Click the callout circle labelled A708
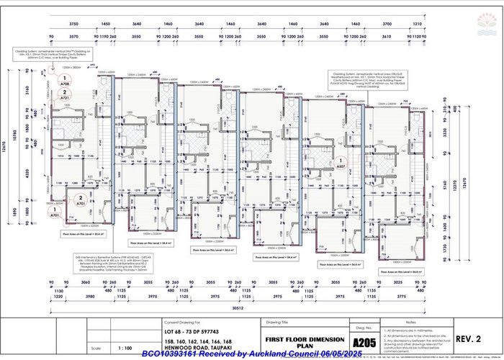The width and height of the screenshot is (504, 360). [66, 81]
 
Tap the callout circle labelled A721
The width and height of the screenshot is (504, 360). [66, 94]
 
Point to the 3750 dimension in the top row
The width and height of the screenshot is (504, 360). [73, 23]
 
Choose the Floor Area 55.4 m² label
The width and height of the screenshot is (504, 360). [79, 234]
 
